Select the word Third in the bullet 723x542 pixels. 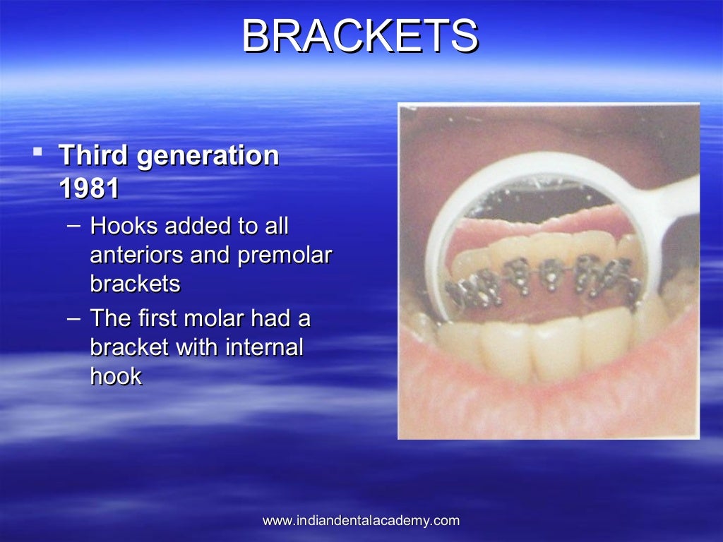94,155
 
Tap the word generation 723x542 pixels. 208,155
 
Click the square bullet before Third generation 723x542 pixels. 38,150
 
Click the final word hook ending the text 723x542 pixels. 116,376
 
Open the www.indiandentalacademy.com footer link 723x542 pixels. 361,521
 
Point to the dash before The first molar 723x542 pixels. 74,319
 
